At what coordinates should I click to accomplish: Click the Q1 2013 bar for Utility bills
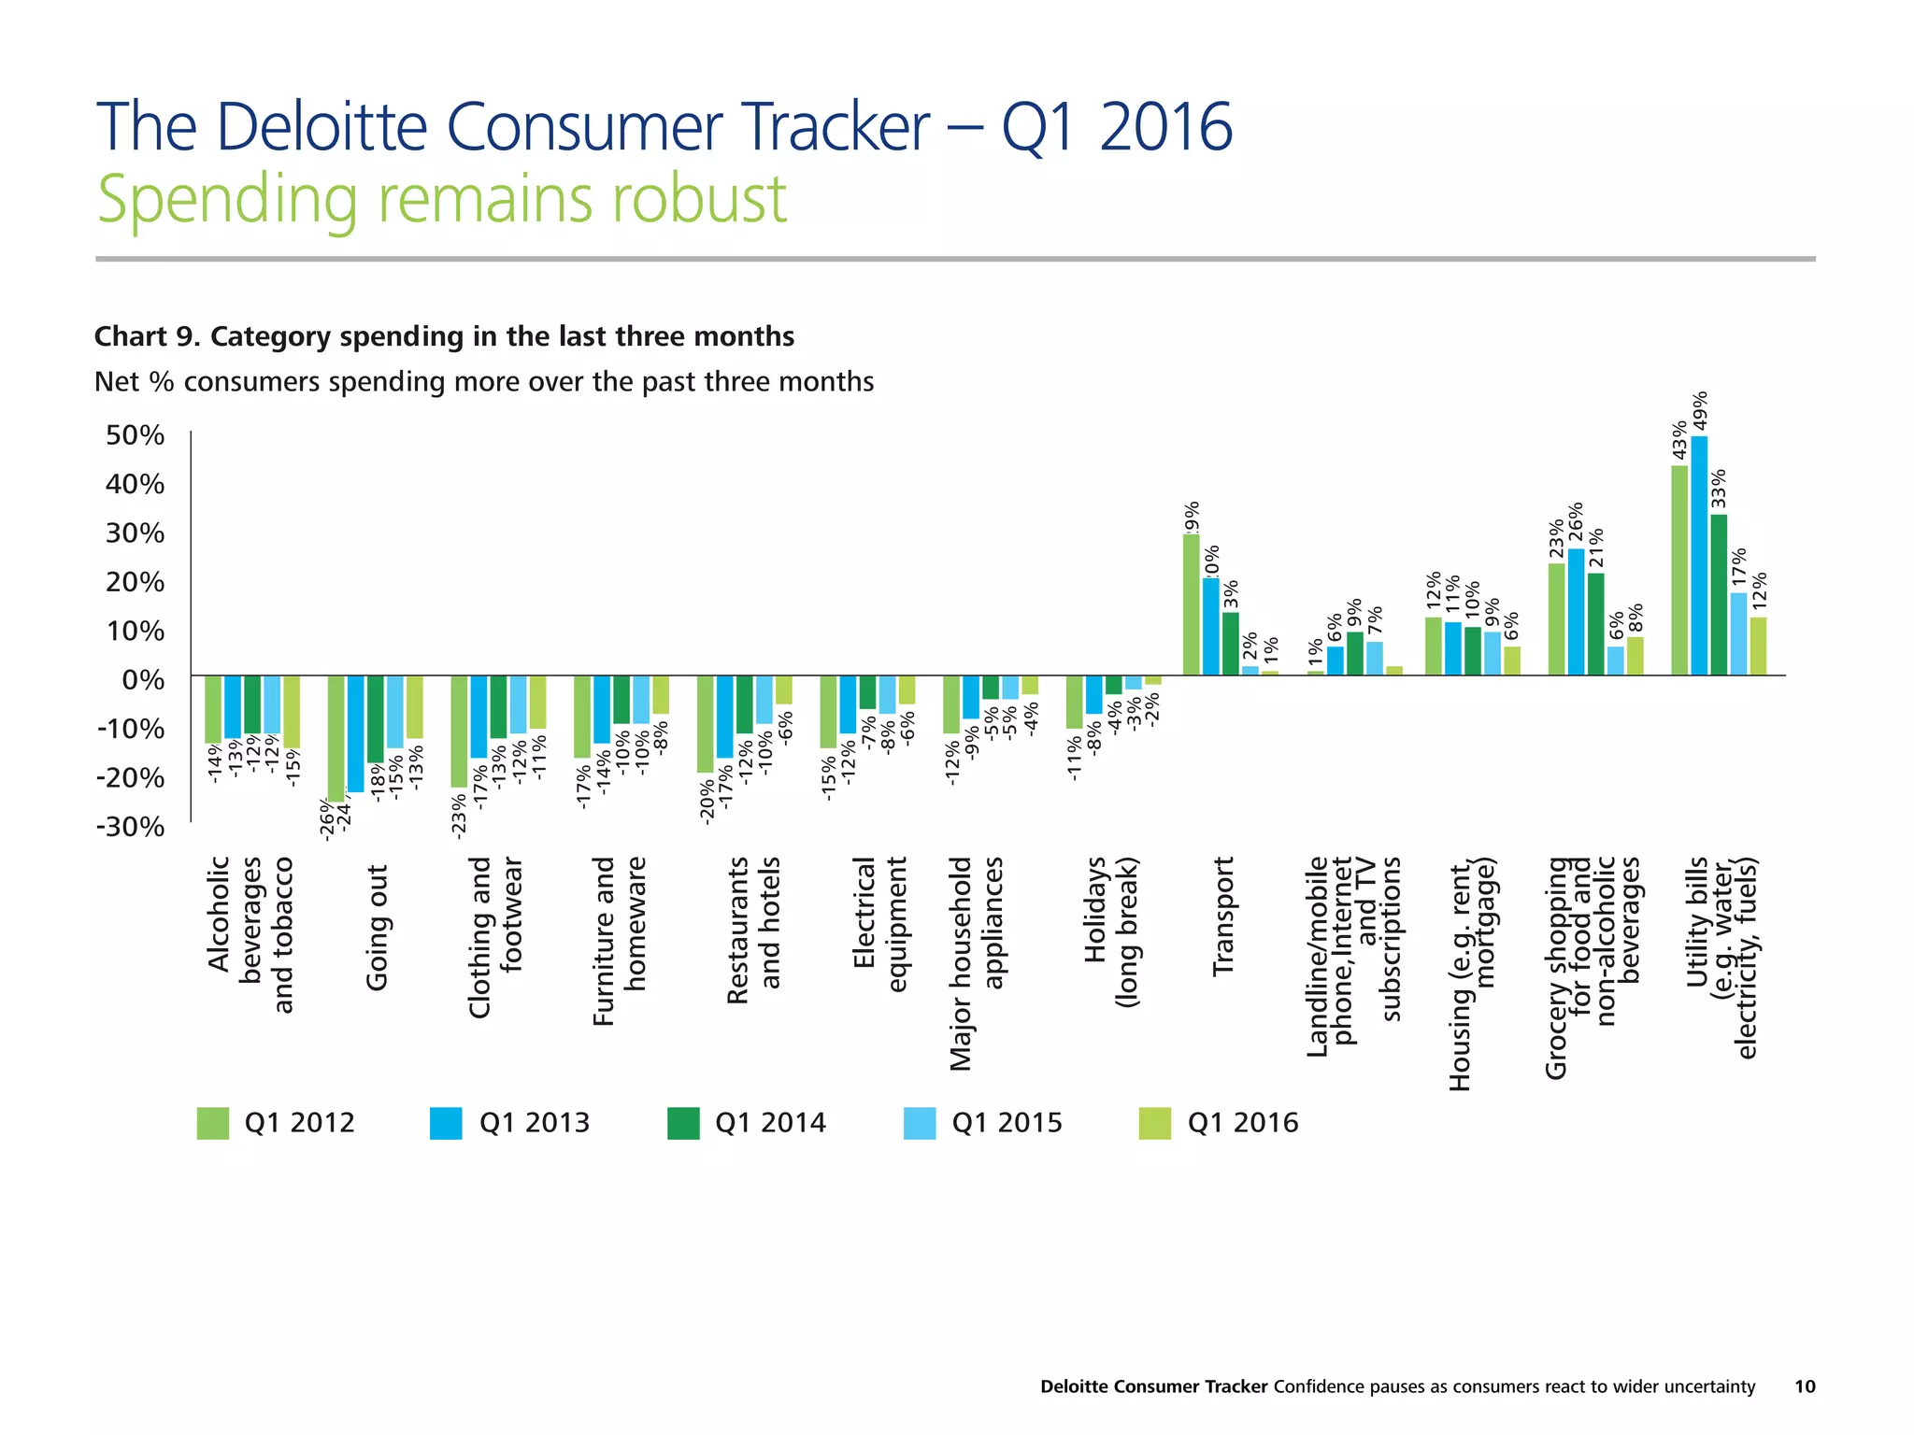point(1699,555)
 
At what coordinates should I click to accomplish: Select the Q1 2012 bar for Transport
point(1191,604)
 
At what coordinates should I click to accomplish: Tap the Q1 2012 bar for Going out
point(336,738)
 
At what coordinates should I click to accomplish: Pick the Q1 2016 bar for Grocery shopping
point(1635,656)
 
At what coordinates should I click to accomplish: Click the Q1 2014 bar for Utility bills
point(1719,594)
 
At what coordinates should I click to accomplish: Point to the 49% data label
point(1701,410)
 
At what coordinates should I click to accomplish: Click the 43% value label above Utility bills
point(1679,440)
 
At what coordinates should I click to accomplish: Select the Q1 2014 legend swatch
point(683,1123)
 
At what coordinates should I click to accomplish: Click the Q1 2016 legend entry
point(1219,1123)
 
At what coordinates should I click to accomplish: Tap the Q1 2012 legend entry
point(276,1123)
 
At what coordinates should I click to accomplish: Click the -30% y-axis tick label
point(131,827)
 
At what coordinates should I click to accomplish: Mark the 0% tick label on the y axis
point(143,680)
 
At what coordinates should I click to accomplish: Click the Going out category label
point(377,927)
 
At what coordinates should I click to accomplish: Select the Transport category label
point(1223,916)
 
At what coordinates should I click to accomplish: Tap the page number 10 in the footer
point(1804,1386)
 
